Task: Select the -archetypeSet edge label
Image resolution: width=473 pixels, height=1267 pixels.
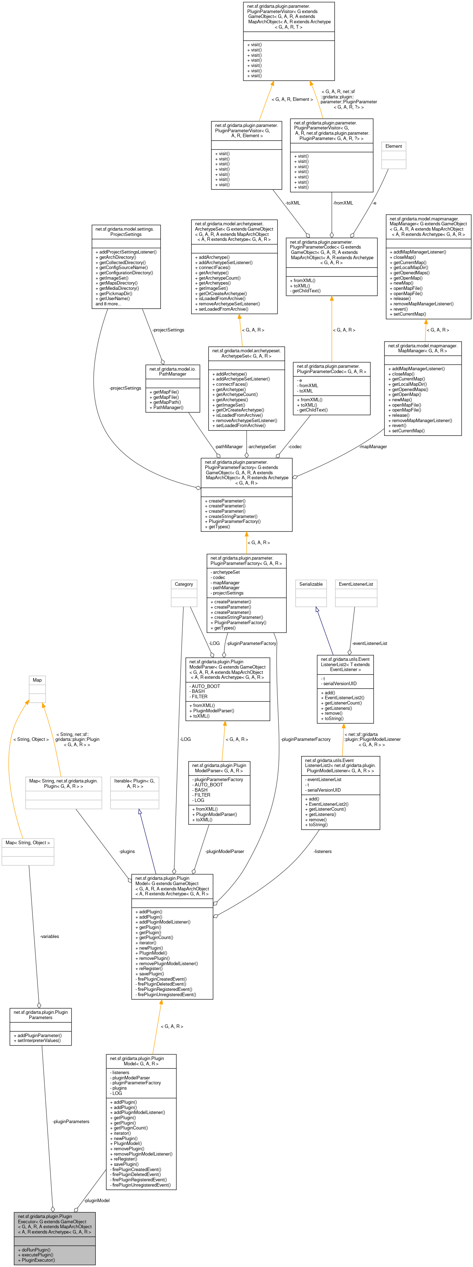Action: click(261, 446)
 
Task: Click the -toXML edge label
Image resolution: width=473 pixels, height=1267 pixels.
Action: click(292, 203)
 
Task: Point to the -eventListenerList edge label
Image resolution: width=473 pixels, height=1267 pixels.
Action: click(369, 643)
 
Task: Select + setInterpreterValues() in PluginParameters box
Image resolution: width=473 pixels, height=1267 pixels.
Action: click(37, 1040)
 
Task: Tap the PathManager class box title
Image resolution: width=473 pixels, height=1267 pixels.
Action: click(172, 371)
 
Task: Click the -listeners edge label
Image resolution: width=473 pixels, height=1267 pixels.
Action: click(322, 851)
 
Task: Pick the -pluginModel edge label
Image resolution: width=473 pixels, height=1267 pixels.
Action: click(97, 1201)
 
